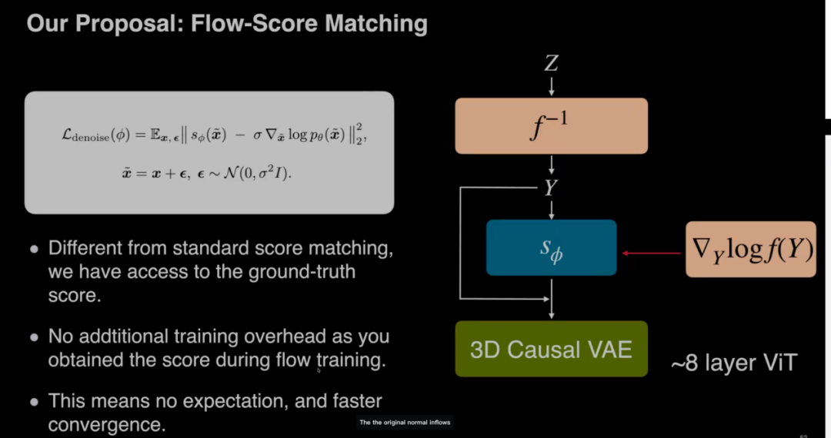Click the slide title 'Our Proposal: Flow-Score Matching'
coord(227,23)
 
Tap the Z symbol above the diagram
coord(551,63)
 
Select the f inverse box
coord(551,126)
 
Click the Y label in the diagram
coord(551,187)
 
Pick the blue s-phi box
coord(551,247)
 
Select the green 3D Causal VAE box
coord(551,350)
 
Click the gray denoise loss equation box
coord(209,152)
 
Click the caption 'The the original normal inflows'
coord(405,423)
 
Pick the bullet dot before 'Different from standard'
coord(33,250)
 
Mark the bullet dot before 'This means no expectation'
coord(33,402)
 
